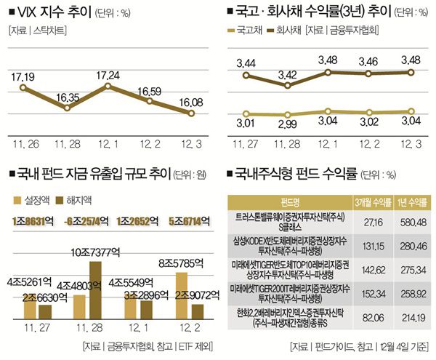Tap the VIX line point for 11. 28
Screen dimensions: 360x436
66,108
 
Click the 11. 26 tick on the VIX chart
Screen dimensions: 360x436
25,137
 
